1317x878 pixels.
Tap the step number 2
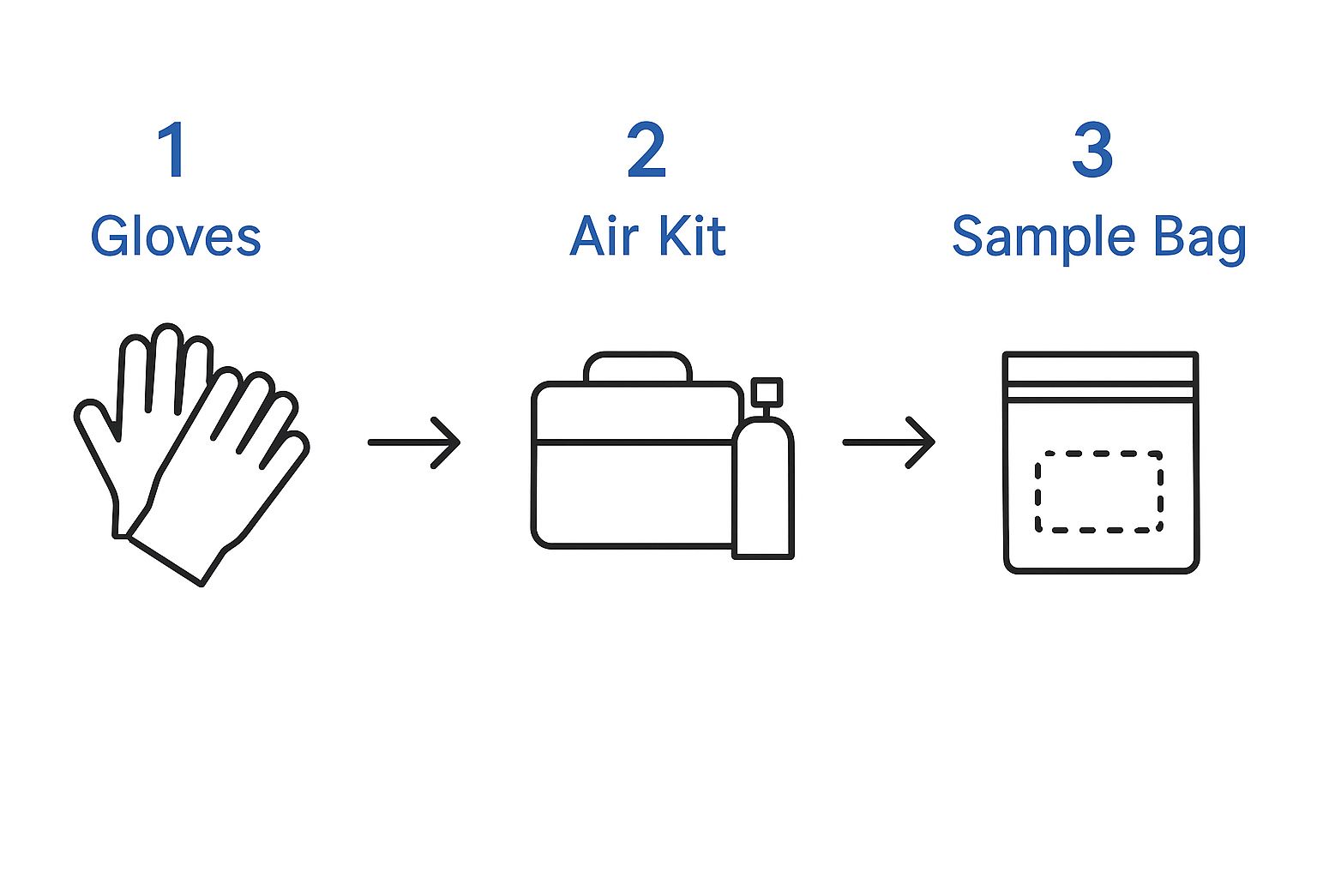point(646,150)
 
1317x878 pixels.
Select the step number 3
point(1092,150)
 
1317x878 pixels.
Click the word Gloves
point(176,238)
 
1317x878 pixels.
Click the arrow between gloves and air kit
point(415,442)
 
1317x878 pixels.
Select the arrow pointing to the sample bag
point(889,442)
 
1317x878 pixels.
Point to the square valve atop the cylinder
point(766,392)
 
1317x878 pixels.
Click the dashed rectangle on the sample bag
point(1098,491)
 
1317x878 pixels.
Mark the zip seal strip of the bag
point(1100,385)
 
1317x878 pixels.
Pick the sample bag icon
point(1100,463)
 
